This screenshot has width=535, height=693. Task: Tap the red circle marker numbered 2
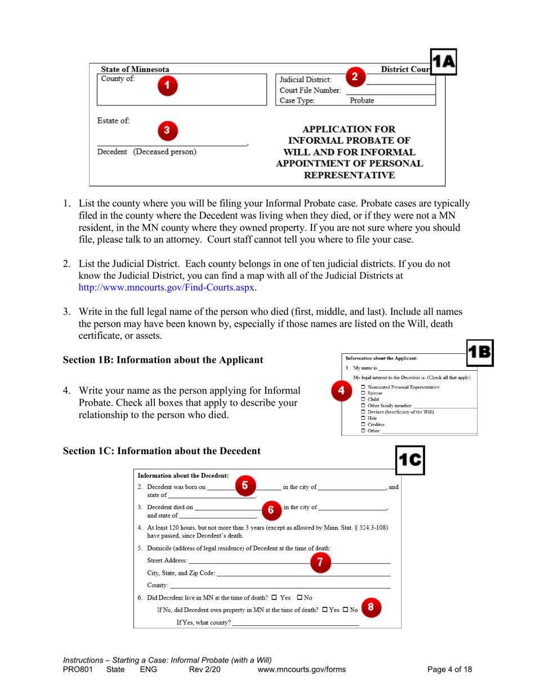[354, 76]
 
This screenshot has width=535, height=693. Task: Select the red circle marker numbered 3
[167, 129]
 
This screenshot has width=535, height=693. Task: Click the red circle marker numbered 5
[245, 484]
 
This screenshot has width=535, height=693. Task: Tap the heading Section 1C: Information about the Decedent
[162, 451]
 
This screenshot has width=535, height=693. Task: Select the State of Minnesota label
[135, 69]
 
